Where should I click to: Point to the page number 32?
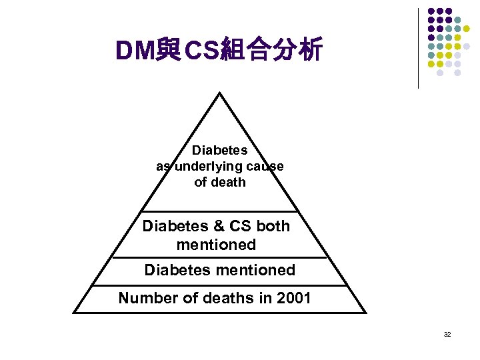(x=447, y=333)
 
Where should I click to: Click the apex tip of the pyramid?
(x=219, y=93)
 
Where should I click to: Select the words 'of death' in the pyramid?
(x=219, y=182)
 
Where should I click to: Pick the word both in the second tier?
(x=273, y=226)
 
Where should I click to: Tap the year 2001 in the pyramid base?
(x=295, y=298)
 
